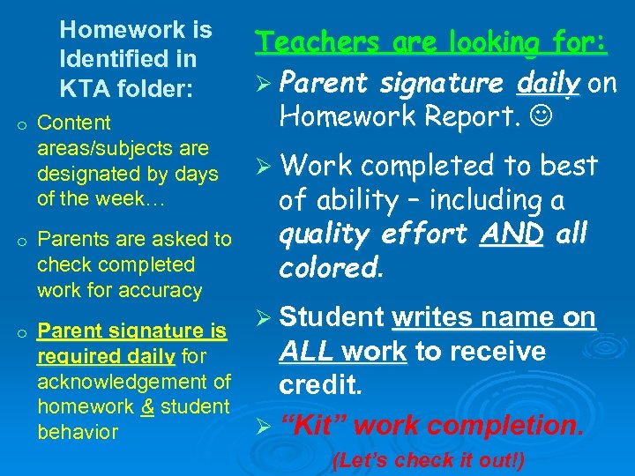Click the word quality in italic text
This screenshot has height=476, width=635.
pyautogui.click(x=322, y=234)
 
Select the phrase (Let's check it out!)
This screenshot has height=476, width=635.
pyautogui.click(x=428, y=460)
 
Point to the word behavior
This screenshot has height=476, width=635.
pyautogui.click(x=78, y=432)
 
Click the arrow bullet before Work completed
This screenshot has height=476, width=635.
pyautogui.click(x=262, y=167)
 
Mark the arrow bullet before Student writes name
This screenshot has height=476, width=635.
pyautogui.click(x=262, y=318)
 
